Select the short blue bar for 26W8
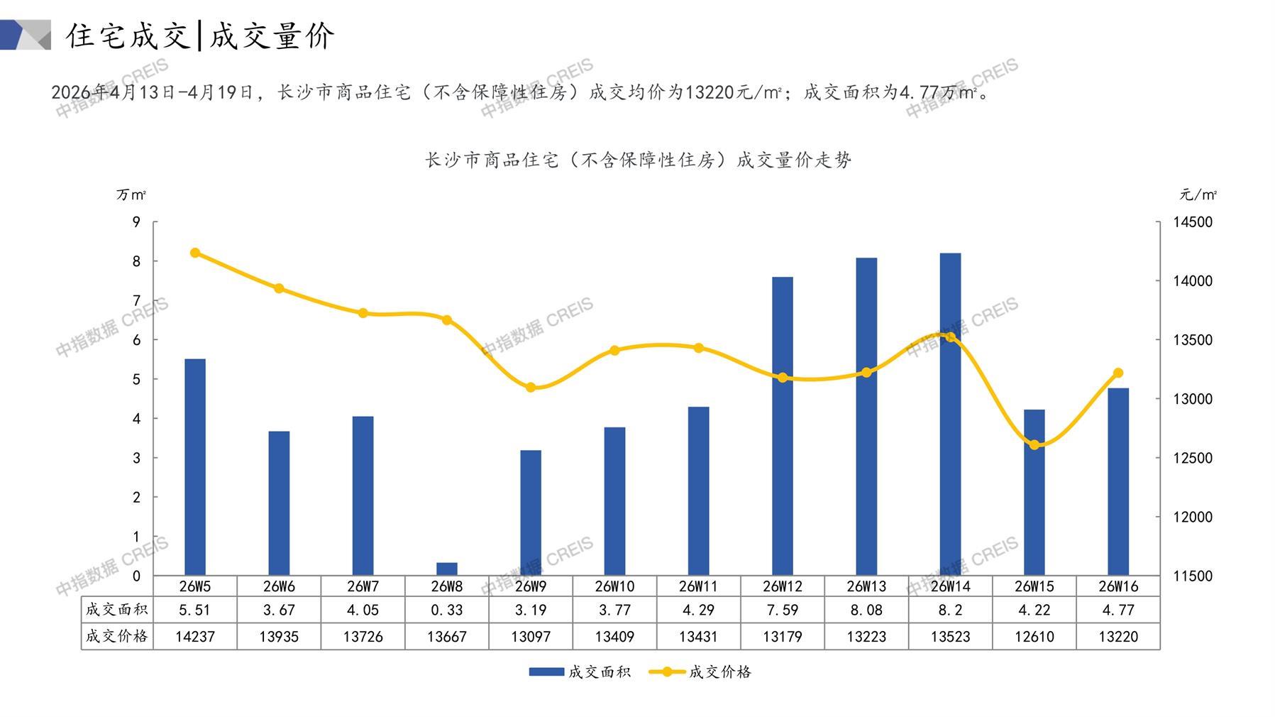tap(446, 569)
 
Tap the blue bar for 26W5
tap(195, 469)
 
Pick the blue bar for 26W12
tap(782, 426)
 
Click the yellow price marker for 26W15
tap(1034, 445)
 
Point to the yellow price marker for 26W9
tap(531, 388)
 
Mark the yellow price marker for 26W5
tap(195, 253)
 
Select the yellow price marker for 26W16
tap(1118, 373)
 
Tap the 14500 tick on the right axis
tap(1193, 222)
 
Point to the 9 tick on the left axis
tap(136, 222)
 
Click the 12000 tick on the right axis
tap(1193, 517)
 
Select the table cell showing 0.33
tap(446, 610)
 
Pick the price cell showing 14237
tap(195, 637)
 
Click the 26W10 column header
tap(614, 586)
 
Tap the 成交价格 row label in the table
tap(117, 636)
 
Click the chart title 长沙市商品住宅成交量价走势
tap(638, 160)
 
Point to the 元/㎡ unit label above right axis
tap(1198, 195)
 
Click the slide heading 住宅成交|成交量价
tap(200, 35)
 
